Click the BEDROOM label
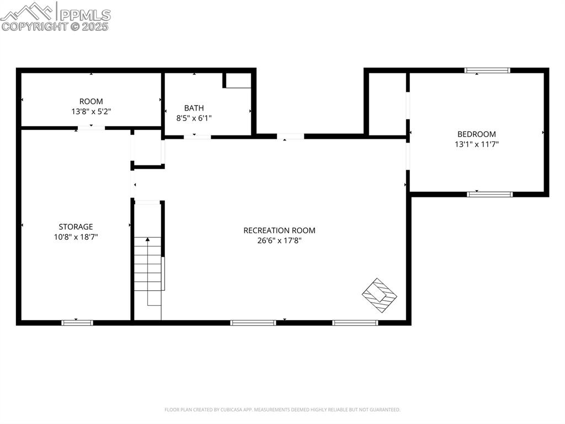(476, 134)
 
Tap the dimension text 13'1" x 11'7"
(476, 144)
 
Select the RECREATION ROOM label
(279, 230)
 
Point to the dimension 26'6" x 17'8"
(279, 240)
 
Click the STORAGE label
(76, 226)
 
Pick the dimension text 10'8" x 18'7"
(76, 237)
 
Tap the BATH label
(194, 108)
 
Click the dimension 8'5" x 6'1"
(194, 118)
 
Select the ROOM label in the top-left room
(91, 101)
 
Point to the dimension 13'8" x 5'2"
(91, 111)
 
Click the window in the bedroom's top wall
(487, 70)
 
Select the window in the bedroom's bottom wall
(490, 194)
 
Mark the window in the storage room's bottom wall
(77, 322)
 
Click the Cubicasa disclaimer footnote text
(282, 410)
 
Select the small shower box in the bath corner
(237, 80)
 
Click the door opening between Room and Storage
(90, 128)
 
